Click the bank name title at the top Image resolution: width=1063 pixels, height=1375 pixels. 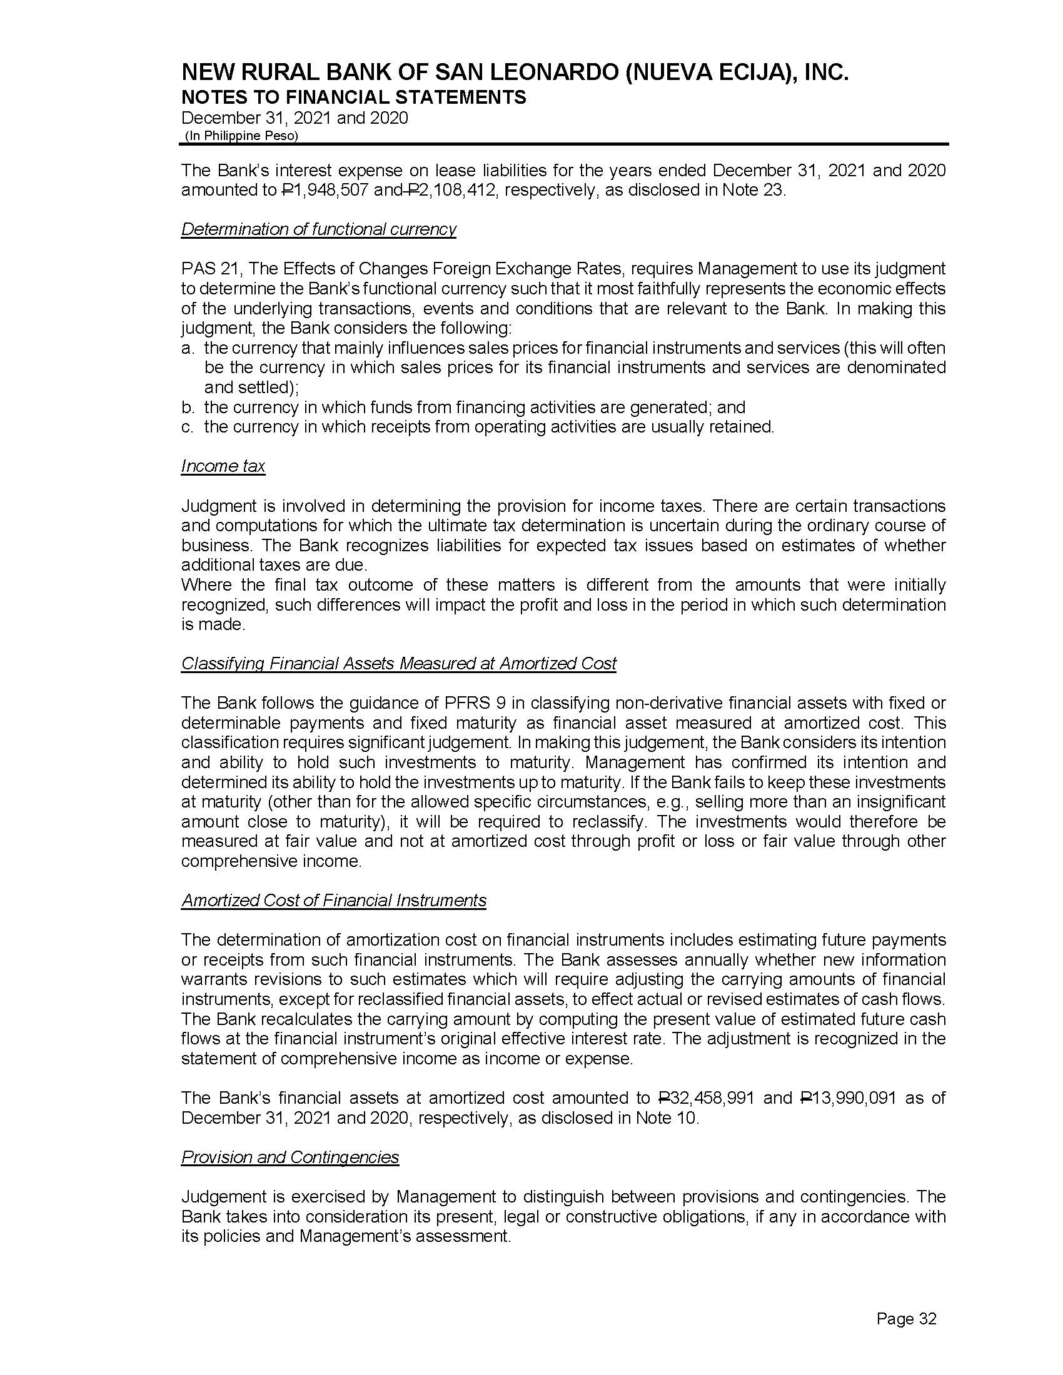[x=515, y=73]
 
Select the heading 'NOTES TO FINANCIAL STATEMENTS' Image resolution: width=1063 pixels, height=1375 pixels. [x=353, y=97]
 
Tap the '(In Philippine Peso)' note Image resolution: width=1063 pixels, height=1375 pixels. [x=241, y=136]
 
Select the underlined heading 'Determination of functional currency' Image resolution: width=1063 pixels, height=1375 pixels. [x=319, y=229]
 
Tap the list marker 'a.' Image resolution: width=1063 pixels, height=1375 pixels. [x=187, y=348]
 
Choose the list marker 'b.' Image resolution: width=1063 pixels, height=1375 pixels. [x=187, y=407]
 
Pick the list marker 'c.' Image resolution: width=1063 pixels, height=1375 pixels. [x=187, y=427]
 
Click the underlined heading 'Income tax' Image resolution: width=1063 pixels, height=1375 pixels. [x=223, y=466]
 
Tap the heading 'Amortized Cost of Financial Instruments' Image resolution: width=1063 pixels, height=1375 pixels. [x=334, y=900]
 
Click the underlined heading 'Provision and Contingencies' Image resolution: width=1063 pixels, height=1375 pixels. [x=290, y=1157]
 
